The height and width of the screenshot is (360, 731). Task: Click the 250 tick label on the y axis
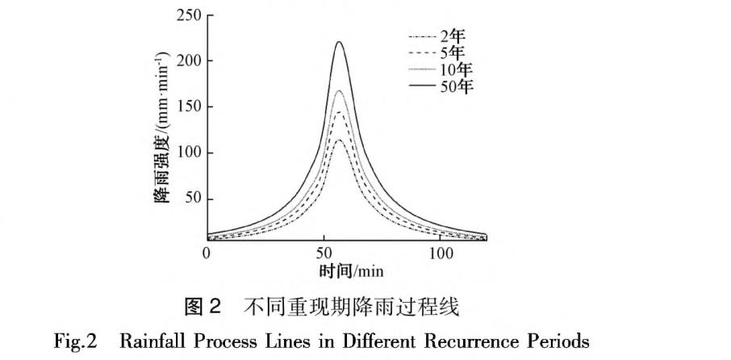(188, 15)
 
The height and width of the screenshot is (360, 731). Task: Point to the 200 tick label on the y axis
(188, 61)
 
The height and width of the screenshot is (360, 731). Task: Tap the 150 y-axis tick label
(188, 107)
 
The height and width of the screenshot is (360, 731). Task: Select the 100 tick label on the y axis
(188, 153)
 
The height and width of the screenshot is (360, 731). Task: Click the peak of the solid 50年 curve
(340, 42)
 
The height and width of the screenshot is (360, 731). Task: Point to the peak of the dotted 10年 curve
(340, 90)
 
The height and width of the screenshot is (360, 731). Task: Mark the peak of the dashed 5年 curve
(340, 112)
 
